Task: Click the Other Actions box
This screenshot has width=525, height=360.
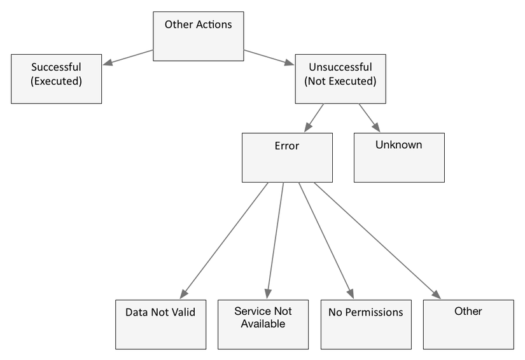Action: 198,36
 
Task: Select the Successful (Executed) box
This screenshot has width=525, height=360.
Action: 56,79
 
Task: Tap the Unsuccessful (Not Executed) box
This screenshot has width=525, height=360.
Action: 340,79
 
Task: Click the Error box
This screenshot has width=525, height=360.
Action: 287,158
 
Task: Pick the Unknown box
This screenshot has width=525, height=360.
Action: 399,158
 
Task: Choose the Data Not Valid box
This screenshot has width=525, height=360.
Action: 161,324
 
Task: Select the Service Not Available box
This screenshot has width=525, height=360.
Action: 263,324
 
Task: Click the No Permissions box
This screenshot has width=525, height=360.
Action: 366,324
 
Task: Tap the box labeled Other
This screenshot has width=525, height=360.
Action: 468,324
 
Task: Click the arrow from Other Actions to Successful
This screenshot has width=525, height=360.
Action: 128,57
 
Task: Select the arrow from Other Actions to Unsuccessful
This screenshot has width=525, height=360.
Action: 269,57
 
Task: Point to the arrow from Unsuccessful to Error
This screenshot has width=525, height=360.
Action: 314,118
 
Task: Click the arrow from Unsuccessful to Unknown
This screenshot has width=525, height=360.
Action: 370,118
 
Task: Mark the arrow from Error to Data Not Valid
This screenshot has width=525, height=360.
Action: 224,240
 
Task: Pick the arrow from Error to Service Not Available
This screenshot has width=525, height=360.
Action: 275,240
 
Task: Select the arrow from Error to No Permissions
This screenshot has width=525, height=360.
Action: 326,240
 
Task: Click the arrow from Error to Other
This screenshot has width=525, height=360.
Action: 377,240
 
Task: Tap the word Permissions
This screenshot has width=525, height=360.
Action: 374,312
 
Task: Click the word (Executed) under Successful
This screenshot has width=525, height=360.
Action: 56,81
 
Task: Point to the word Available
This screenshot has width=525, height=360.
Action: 263,324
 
